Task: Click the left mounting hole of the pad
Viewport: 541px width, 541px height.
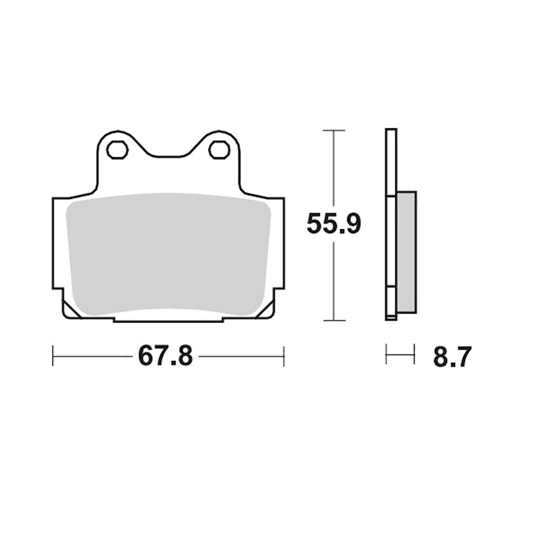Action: (x=117, y=150)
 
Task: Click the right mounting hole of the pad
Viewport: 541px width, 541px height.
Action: (x=219, y=150)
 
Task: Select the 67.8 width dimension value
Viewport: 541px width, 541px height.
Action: (x=165, y=356)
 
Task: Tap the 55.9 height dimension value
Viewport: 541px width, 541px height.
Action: (x=333, y=223)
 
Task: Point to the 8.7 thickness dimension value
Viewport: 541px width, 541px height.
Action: (x=452, y=357)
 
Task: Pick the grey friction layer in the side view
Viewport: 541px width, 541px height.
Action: (x=407, y=252)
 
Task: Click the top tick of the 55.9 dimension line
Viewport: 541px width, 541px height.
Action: (x=334, y=130)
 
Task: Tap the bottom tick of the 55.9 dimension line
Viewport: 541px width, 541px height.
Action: (x=334, y=321)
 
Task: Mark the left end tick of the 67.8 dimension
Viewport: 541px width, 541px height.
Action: (x=53, y=356)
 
